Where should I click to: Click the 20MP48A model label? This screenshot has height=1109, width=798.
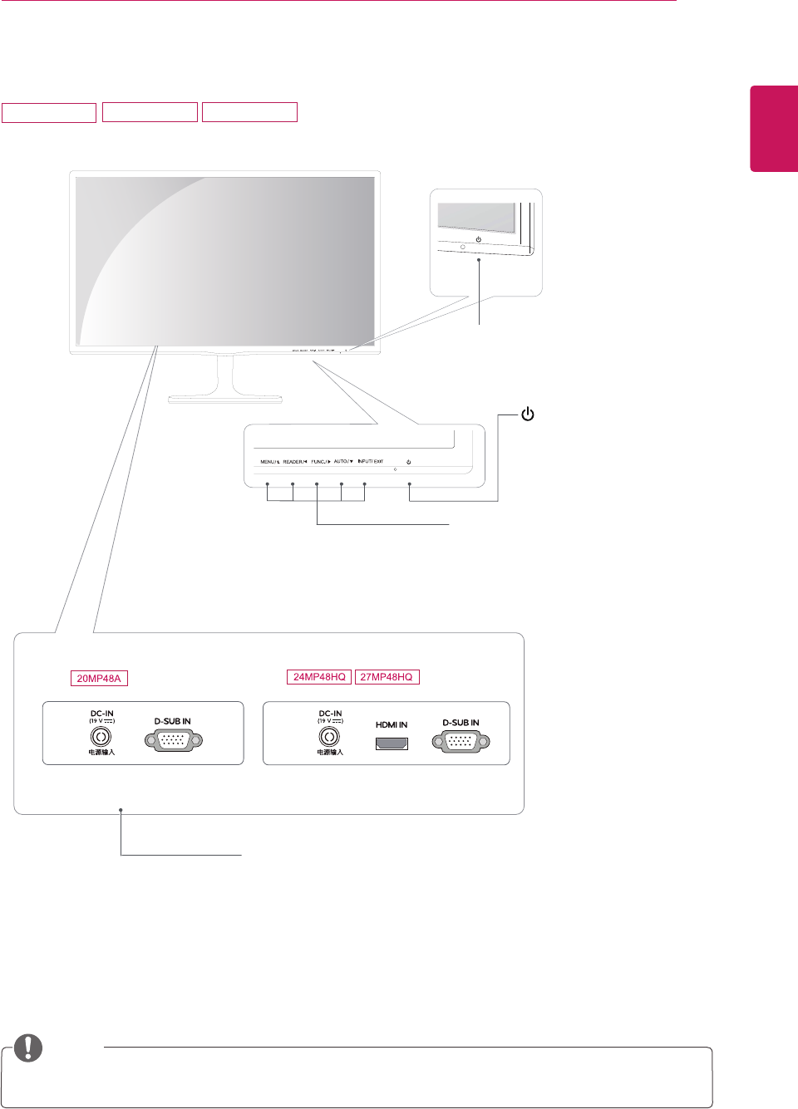[x=99, y=679]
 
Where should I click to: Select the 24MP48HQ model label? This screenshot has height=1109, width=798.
[x=319, y=677]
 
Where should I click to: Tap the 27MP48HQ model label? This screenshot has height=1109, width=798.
[x=387, y=677]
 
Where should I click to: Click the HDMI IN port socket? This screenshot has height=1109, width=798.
[x=392, y=743]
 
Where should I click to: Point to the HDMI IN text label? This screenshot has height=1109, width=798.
[x=392, y=725]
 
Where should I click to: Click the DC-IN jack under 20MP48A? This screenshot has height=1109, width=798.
[x=101, y=737]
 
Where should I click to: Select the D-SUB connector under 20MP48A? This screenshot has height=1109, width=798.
[x=174, y=740]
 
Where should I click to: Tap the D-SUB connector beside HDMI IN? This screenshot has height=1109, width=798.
[x=461, y=742]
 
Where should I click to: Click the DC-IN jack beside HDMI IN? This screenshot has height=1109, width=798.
[x=330, y=737]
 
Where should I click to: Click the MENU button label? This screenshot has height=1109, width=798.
[x=269, y=462]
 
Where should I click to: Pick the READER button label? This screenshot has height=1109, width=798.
[x=295, y=462]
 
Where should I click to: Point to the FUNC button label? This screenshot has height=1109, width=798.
[x=321, y=462]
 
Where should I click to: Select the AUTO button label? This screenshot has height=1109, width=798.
[x=343, y=462]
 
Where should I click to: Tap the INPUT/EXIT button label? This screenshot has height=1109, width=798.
[x=371, y=462]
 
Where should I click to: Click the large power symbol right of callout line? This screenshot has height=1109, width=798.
[x=527, y=414]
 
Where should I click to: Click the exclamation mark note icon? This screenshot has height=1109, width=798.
[x=28, y=1048]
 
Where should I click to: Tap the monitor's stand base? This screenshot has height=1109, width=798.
[x=225, y=399]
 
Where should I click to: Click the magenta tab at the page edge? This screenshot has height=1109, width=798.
[x=774, y=128]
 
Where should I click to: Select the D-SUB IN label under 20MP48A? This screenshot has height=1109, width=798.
[x=173, y=721]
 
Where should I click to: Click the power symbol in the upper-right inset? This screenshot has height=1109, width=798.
[x=478, y=239]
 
